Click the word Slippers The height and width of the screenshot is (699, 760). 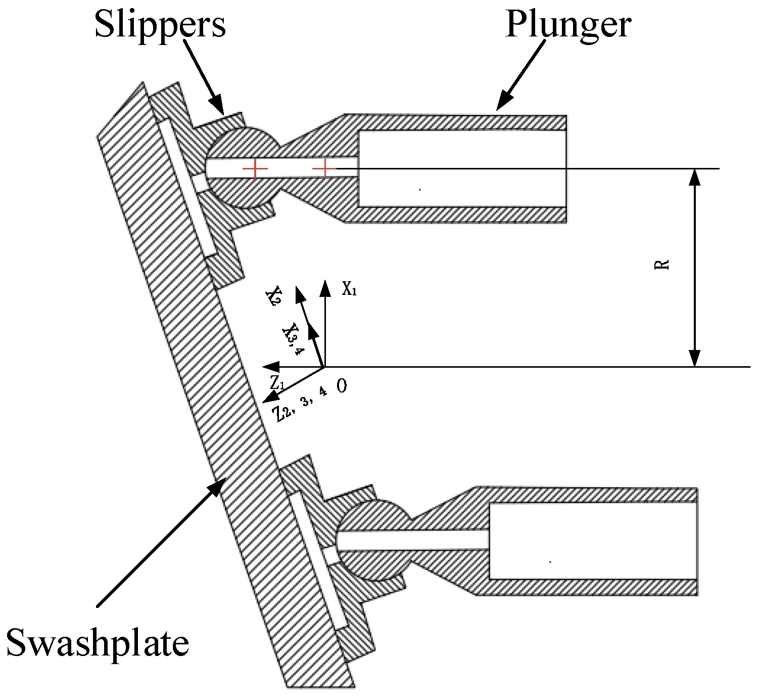click(x=160, y=24)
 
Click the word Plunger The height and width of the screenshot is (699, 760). click(x=568, y=24)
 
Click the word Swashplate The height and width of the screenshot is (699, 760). click(x=98, y=643)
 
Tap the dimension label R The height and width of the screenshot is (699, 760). click(x=662, y=265)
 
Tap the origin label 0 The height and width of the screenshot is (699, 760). click(x=342, y=386)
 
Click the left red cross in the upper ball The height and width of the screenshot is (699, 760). click(x=255, y=168)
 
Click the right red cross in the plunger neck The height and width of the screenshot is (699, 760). click(x=324, y=168)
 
